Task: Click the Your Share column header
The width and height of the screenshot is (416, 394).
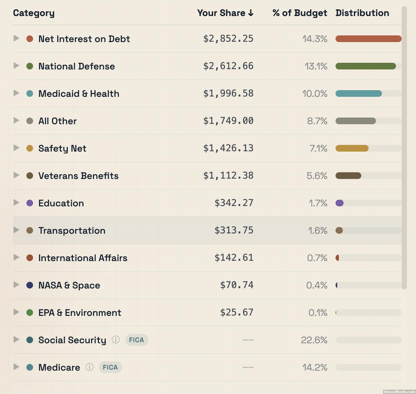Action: coord(225,13)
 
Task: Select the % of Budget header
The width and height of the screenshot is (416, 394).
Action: coord(299,13)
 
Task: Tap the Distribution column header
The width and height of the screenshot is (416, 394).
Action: coord(362,13)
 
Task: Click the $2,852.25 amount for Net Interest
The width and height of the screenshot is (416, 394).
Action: coord(228,39)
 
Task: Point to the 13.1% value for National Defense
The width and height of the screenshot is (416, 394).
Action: coord(316,66)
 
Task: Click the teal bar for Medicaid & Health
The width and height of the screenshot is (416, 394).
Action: coord(358,93)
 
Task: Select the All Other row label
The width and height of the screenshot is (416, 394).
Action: coord(57,121)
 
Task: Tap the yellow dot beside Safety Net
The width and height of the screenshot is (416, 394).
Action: coord(30,148)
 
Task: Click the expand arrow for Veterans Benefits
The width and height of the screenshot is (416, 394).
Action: coord(16,175)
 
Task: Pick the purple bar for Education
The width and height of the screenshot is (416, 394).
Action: coord(340,203)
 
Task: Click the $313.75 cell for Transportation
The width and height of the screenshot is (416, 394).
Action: coord(234,230)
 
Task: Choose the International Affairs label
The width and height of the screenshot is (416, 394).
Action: coord(83,258)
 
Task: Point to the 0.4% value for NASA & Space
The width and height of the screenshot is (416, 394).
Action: coord(317,285)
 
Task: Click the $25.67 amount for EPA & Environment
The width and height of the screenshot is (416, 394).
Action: coord(236,313)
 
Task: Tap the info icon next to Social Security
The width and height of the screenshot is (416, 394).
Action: coord(116,340)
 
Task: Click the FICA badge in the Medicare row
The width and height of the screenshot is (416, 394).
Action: coord(110,367)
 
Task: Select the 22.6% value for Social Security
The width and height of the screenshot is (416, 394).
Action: coord(314,340)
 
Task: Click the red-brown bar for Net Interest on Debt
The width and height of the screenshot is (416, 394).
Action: coord(368,39)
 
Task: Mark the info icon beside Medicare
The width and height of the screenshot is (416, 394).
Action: coord(89,367)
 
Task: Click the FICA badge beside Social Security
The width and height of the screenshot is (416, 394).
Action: coord(137,340)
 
